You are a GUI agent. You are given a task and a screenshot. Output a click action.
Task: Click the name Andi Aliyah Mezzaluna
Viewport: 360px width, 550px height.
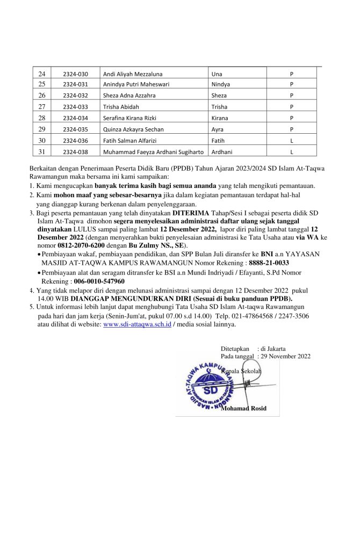tap(132, 74)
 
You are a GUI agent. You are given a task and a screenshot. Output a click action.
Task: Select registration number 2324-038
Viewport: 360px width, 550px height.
tap(75, 151)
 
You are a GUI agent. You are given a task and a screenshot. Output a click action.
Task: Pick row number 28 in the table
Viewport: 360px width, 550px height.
tap(42, 118)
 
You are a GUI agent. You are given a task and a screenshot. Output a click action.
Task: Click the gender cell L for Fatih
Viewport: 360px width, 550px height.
tap(291, 140)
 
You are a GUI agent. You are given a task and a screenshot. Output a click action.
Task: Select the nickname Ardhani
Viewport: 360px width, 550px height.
tap(222, 151)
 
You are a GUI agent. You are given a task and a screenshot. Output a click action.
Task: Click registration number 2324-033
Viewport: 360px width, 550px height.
tap(75, 107)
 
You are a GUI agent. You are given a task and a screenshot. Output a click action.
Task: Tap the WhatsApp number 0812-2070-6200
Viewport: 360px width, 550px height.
tap(82, 245)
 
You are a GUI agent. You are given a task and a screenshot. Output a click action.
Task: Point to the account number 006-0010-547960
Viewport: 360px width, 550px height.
tap(99, 281)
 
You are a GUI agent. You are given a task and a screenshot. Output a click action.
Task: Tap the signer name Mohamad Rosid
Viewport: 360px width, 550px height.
tap(243, 408)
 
